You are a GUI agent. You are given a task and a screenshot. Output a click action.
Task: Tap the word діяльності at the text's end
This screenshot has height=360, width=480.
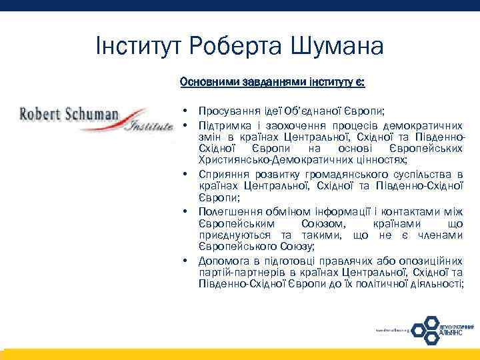437,284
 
